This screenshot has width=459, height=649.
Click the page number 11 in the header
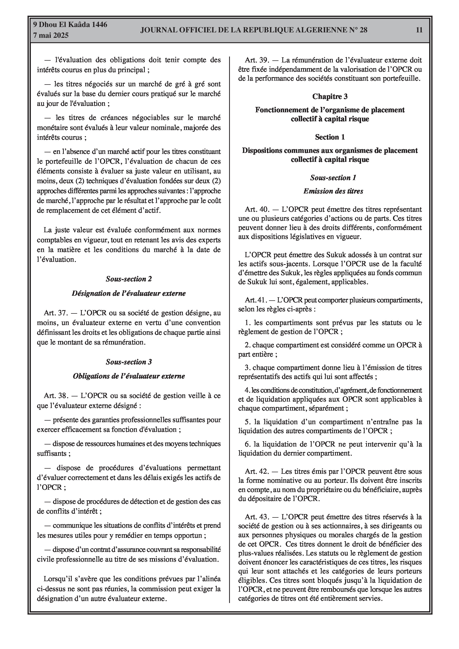tap(419, 30)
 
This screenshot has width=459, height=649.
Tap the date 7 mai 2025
tap(51, 36)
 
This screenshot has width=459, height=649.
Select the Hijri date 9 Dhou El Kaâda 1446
tap(70, 25)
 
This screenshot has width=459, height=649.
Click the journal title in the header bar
tap(254, 30)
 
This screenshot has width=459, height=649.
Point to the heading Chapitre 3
tap(330, 96)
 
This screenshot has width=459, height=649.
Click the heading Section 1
tap(330, 137)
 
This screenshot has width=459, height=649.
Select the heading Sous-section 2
tap(129, 279)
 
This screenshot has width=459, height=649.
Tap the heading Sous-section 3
tap(129, 362)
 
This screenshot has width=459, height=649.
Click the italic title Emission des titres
tap(333, 191)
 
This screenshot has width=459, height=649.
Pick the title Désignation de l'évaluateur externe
tap(129, 293)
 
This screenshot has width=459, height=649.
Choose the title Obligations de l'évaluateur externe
tap(129, 376)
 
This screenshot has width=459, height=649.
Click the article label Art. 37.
tap(56, 313)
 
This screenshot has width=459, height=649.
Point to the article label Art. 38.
tap(56, 396)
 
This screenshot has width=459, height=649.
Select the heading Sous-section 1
tap(333, 178)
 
